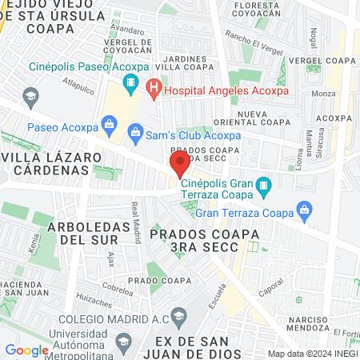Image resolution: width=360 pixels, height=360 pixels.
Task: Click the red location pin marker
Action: click(x=179, y=166)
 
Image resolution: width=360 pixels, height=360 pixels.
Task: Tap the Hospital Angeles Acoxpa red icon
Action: click(x=154, y=89)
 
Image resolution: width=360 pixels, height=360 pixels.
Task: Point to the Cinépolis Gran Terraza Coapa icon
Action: click(x=264, y=188)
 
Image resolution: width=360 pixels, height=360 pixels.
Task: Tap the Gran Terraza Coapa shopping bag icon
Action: click(x=303, y=212)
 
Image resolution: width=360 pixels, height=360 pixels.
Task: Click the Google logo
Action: click(x=27, y=350)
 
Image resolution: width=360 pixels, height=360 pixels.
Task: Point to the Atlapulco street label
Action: click(x=79, y=82)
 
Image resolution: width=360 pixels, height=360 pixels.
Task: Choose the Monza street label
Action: click(x=324, y=94)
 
